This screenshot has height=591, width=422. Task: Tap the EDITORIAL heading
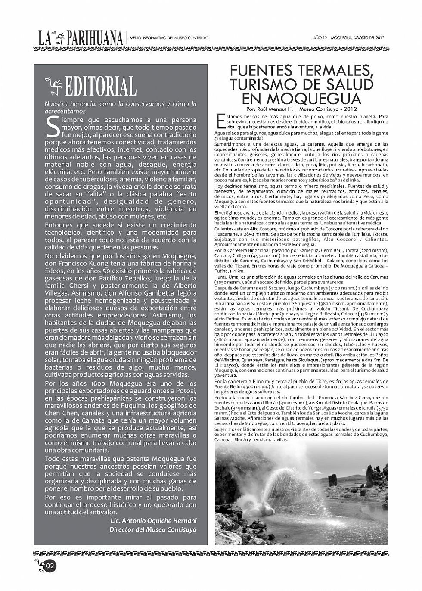[100, 87]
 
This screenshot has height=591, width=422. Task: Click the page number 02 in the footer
[50, 566]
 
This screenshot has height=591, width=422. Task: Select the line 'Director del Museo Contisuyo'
[153, 529]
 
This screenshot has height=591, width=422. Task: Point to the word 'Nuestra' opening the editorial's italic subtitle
[56, 103]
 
